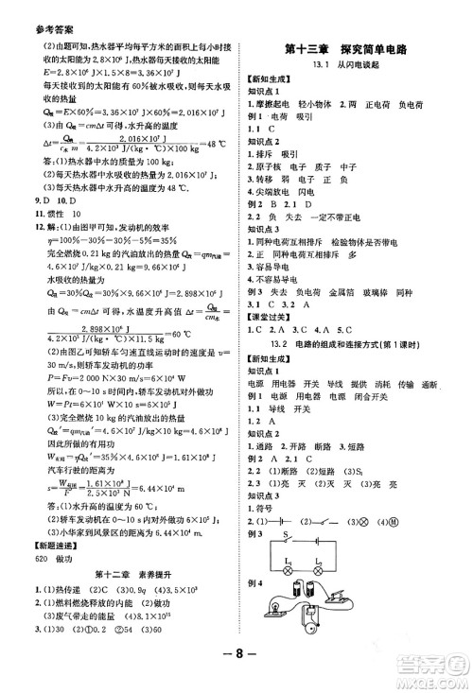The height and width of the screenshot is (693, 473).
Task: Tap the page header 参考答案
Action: point(29,9)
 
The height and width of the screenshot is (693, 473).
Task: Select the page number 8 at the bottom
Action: point(236,675)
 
